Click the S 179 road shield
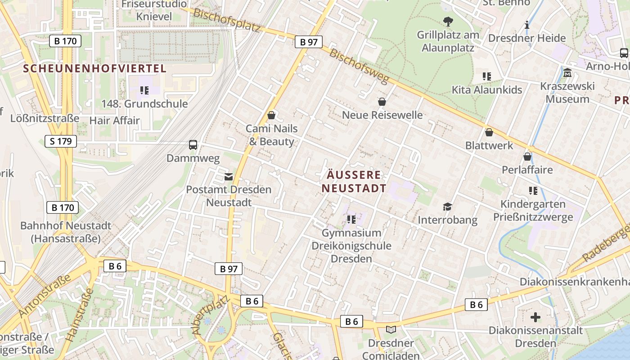click(x=61, y=141)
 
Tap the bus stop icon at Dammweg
click(x=193, y=145)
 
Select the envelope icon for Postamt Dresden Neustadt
click(x=229, y=176)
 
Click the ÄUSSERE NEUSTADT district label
click(x=354, y=181)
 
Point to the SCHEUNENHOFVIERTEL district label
click(x=94, y=69)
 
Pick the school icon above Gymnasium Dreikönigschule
click(x=351, y=220)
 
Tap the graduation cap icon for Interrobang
click(x=447, y=207)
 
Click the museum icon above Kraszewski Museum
click(x=567, y=72)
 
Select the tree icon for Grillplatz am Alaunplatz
click(x=448, y=21)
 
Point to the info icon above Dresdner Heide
click(x=526, y=25)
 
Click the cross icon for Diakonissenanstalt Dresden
click(x=535, y=317)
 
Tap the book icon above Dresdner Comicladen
click(x=391, y=330)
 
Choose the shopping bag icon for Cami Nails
click(x=271, y=116)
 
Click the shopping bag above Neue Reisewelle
click(x=382, y=102)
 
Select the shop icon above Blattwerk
click(x=489, y=133)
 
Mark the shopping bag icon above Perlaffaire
click(x=527, y=157)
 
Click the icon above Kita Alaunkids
click(x=487, y=76)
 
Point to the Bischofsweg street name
click(x=359, y=66)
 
